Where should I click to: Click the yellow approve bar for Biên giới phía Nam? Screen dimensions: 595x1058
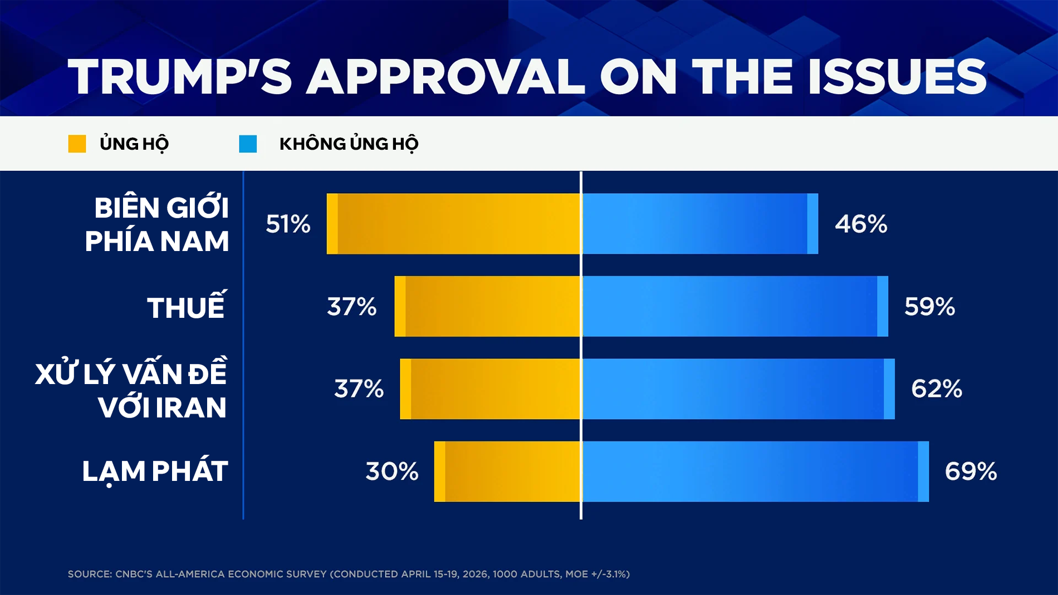(453, 224)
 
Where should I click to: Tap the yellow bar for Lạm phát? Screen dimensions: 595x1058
(507, 471)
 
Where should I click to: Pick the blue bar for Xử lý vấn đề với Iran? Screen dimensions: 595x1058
(738, 389)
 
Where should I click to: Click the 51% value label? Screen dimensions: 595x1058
(288, 224)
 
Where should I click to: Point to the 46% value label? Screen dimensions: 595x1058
(861, 224)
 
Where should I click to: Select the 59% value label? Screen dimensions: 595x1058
(929, 306)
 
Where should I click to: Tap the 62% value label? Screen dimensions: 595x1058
(937, 389)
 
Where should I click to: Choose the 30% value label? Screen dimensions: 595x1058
(392, 471)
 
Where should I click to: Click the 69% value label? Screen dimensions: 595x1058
(971, 471)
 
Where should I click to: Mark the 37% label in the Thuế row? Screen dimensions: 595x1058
(351, 306)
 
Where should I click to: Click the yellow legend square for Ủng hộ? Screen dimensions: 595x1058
(77, 144)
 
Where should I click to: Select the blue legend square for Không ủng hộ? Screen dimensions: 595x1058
(248, 144)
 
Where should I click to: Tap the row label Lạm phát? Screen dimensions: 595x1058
(155, 471)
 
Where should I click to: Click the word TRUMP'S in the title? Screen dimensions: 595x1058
(180, 77)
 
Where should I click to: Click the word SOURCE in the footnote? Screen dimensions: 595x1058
(89, 574)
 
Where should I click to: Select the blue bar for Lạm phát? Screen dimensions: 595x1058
(755, 471)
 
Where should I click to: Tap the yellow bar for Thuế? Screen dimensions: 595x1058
(487, 306)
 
